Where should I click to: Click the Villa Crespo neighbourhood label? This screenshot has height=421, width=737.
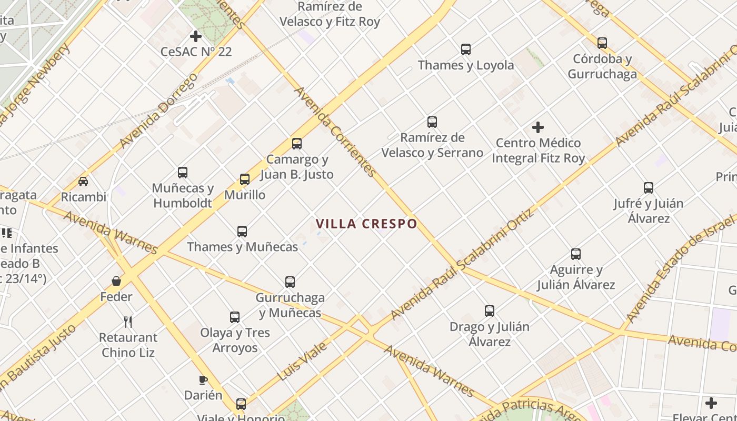(x=366, y=224)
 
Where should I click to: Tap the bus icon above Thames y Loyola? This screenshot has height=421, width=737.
(x=466, y=49)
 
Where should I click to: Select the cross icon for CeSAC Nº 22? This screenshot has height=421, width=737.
(x=196, y=36)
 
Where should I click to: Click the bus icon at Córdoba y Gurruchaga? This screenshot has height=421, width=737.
(x=602, y=43)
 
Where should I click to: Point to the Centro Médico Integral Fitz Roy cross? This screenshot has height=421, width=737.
(x=538, y=127)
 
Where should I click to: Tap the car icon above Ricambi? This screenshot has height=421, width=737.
(x=83, y=182)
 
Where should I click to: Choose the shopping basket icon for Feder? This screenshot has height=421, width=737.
(x=116, y=281)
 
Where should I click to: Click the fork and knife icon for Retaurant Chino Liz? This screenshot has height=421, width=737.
(x=128, y=322)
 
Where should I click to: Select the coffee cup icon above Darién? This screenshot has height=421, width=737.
(x=203, y=379)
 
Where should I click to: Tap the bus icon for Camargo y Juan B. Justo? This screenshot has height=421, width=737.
(x=297, y=144)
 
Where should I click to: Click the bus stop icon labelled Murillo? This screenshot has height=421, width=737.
(x=245, y=179)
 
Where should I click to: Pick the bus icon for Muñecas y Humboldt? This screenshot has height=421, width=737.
(x=183, y=173)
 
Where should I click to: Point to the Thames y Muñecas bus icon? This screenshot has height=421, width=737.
(x=242, y=231)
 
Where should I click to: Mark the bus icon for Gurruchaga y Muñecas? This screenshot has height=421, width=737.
(x=290, y=282)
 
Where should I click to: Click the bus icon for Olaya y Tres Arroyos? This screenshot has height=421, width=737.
(x=235, y=317)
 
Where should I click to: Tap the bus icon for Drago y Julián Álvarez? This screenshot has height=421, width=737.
(x=490, y=311)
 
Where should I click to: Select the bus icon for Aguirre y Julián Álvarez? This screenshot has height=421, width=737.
(x=576, y=255)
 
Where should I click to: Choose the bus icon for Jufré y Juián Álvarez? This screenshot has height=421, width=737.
(x=649, y=188)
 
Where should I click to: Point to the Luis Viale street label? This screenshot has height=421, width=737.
(x=302, y=361)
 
